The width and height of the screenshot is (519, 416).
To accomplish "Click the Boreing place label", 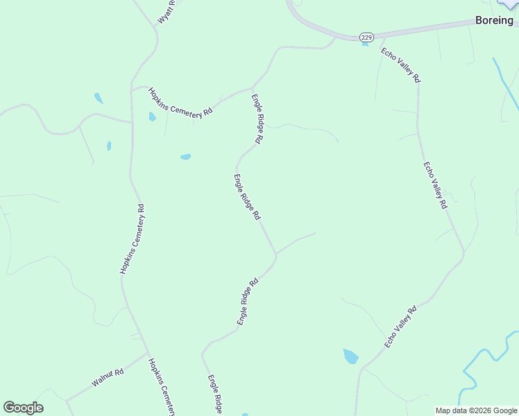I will pyautogui.click(x=494, y=20).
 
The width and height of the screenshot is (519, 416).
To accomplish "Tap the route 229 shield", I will pyautogui.click(x=366, y=36).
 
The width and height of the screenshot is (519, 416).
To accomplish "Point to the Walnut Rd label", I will pyautogui.click(x=107, y=378).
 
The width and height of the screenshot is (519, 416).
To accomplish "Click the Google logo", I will pyautogui.click(x=23, y=408).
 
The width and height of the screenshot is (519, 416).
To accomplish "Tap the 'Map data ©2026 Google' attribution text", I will pyautogui.click(x=476, y=410).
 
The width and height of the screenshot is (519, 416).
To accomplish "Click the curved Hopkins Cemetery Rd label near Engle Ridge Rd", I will pyautogui.click(x=180, y=103).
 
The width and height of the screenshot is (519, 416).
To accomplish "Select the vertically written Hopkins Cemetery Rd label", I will pyautogui.click(x=132, y=239).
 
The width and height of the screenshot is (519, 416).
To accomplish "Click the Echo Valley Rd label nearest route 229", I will pyautogui.click(x=400, y=65).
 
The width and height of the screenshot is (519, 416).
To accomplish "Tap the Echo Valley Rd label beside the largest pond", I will pyautogui.click(x=400, y=327).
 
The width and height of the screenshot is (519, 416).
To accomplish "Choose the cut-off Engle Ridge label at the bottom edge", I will pyautogui.click(x=215, y=395).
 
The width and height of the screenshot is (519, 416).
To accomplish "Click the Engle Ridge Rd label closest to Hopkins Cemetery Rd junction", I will pyautogui.click(x=257, y=119).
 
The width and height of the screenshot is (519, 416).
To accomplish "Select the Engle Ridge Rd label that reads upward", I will pyautogui.click(x=247, y=302).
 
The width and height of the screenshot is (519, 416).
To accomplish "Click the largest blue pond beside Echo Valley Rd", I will pyautogui.click(x=350, y=356).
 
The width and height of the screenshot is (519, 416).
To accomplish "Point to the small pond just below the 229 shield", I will pyautogui.click(x=365, y=44).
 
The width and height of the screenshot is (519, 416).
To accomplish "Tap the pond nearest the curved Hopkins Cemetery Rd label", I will pyautogui.click(x=152, y=116).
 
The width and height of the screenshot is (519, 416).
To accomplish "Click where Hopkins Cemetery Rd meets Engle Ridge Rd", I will pyautogui.click(x=252, y=88).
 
